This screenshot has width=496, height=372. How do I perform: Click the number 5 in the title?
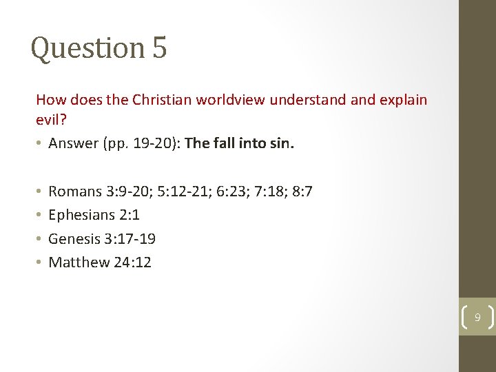(x=159, y=48)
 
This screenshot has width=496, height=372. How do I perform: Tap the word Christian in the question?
(x=160, y=100)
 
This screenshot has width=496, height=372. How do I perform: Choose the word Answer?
(x=72, y=143)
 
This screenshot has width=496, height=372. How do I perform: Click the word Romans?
(x=74, y=192)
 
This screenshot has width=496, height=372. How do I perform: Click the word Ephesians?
(x=81, y=215)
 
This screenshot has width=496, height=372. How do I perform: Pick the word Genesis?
(x=74, y=239)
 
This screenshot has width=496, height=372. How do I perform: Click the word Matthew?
(x=79, y=262)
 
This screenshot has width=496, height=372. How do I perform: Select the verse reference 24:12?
(x=132, y=262)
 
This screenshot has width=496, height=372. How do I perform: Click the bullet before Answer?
(x=39, y=144)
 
